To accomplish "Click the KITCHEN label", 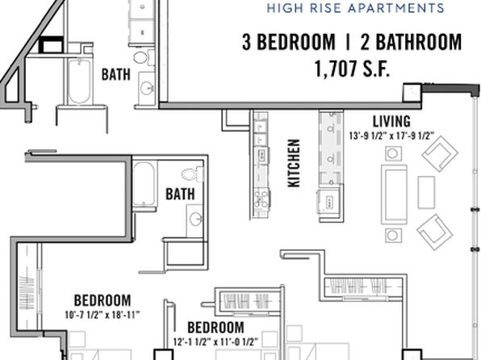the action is point(294,163).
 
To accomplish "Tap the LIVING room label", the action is point(391,121).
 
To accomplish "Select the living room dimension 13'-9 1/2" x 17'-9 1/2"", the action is point(391,136).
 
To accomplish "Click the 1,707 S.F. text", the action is point(352,68).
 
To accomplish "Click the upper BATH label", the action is point(116,74).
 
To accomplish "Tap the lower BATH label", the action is point(180,195).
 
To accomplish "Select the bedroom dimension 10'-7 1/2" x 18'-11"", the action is point(102,315).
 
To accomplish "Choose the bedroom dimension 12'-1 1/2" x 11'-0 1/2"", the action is point(215,341).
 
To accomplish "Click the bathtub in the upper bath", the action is point(79,82).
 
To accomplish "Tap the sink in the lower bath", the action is point(194,220).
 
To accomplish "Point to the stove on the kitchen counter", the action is point(261,199).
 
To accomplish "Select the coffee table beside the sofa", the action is point(426,192).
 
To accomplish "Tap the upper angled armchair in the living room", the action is point(440,154).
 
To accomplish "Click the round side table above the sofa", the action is point(393,153).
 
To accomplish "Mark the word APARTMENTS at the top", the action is point(395,8).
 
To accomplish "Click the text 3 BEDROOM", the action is point(289,42).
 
